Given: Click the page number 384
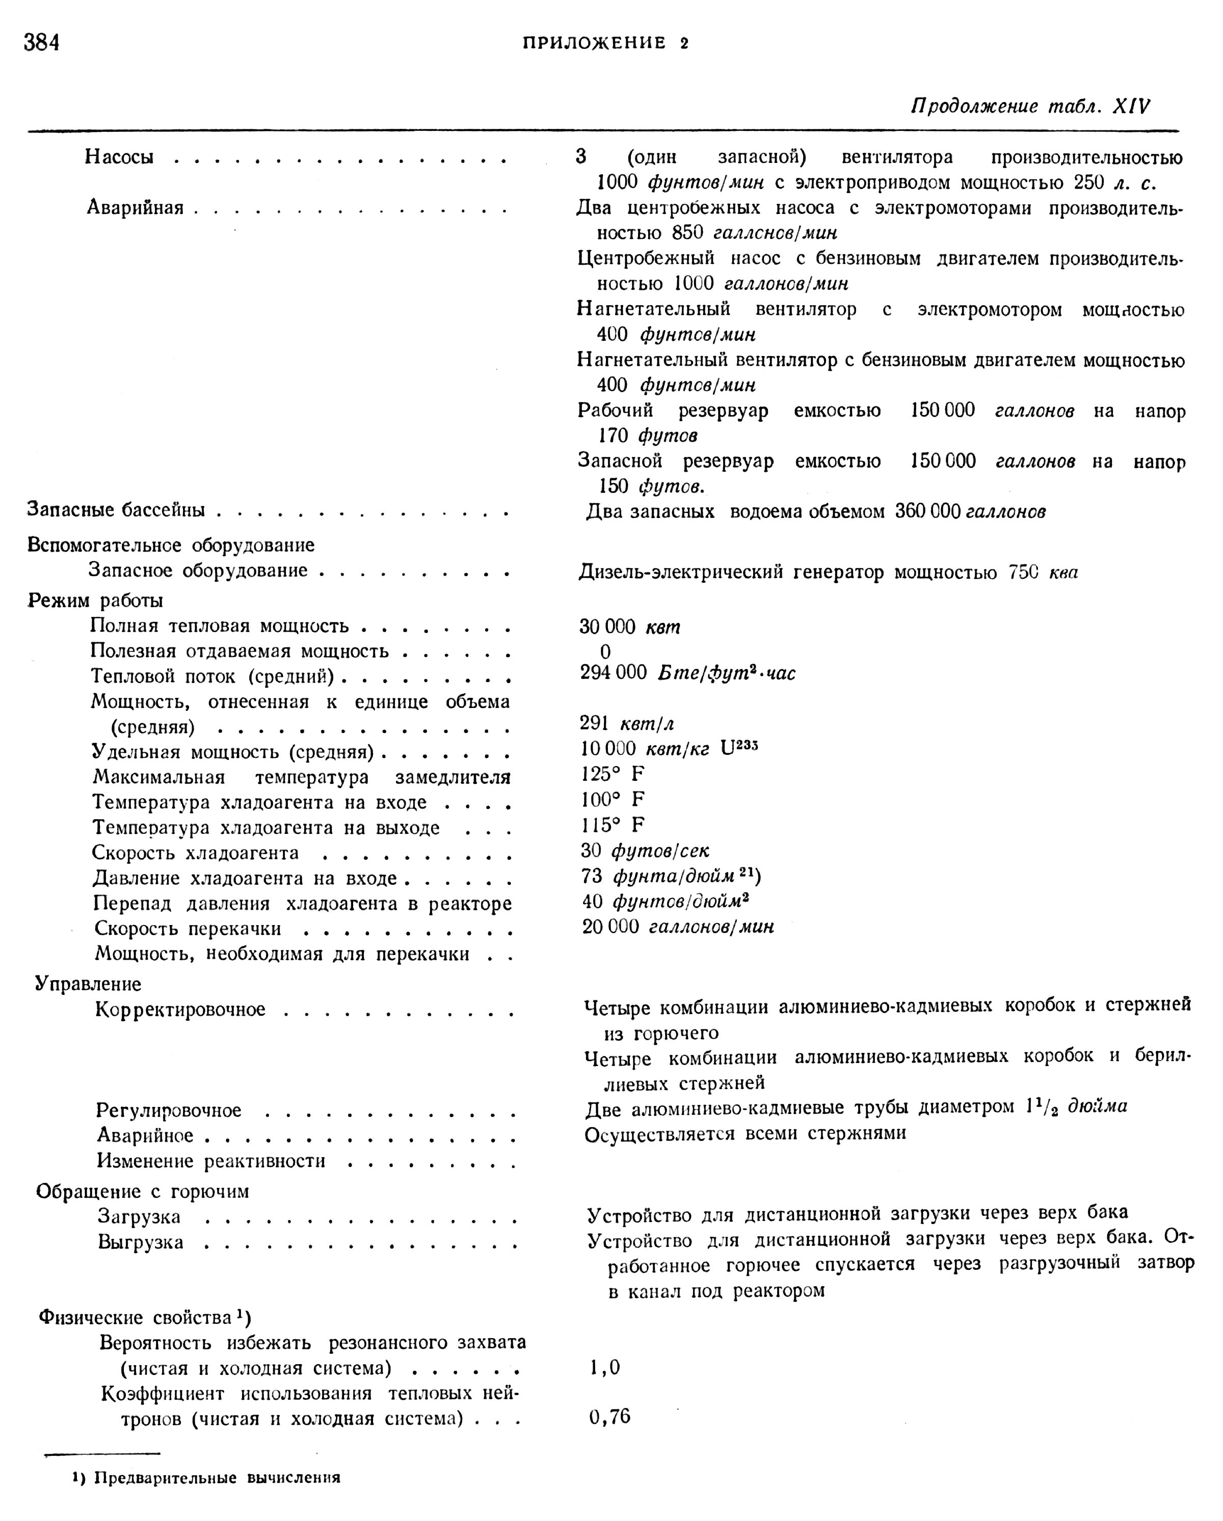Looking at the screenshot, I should pos(42,43).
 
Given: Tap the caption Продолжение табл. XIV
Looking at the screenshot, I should pos(1030,106).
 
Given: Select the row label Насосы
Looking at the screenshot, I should pos(119,156).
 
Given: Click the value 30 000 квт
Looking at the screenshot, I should pos(629,627).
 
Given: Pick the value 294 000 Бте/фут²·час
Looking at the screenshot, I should pos(687,673).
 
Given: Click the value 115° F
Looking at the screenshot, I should pos(613,825).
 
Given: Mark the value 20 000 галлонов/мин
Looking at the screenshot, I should pos(677,926).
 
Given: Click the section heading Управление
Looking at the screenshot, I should pos(88,984).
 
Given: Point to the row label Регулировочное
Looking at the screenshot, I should pos(169,1110).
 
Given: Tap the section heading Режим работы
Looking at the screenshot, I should pos(95,601).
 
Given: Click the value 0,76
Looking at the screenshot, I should pos(610,1417).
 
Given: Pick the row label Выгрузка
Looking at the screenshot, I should pos(141,1242).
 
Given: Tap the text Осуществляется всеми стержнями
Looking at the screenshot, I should pos(745,1134).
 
